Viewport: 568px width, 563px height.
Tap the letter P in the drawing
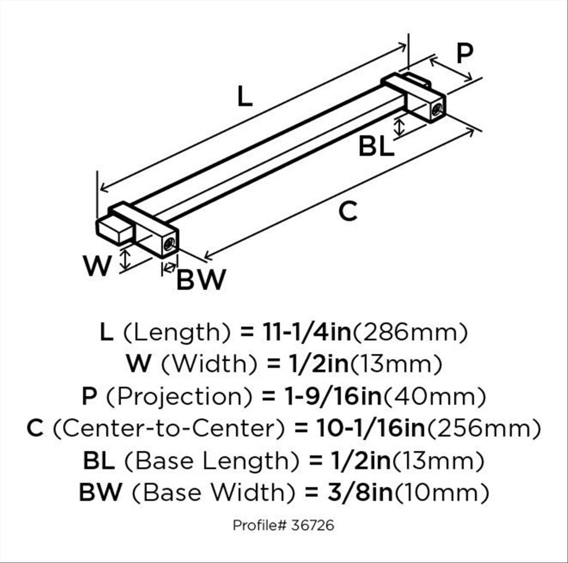point(465,53)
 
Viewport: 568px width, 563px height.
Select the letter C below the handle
point(348,211)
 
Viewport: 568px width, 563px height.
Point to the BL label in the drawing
point(376,147)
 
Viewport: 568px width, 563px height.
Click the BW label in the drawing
point(201,280)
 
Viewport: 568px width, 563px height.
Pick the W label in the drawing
point(97,265)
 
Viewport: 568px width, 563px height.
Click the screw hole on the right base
point(437,108)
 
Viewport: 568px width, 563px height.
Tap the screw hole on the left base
point(169,244)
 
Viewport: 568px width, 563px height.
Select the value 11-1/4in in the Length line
point(307,333)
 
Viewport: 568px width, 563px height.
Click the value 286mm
point(410,333)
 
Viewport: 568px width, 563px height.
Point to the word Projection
point(179,397)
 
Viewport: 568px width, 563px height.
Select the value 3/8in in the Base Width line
point(360,492)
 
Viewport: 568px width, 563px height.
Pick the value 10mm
point(442,492)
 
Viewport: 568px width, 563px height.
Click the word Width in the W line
point(209,364)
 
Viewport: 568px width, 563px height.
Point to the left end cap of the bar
point(114,230)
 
